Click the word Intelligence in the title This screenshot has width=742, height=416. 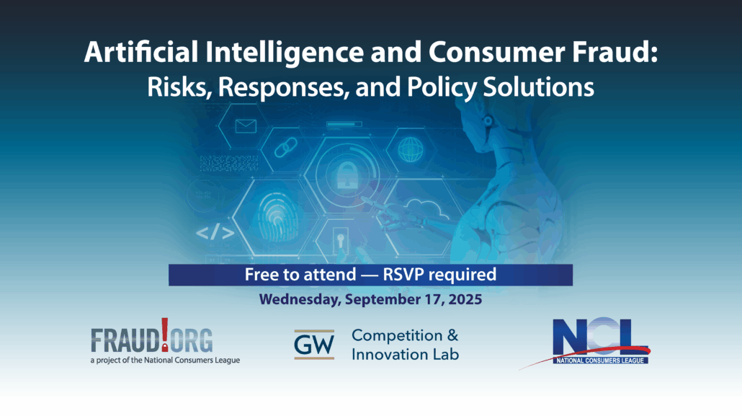tap(285, 53)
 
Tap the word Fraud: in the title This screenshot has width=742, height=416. tap(614, 52)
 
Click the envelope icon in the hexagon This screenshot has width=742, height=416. tap(246, 126)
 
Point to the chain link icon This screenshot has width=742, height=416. tap(286, 147)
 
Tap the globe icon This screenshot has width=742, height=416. tap(411, 149)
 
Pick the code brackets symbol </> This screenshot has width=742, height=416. tap(215, 232)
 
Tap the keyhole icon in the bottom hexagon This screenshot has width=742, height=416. tap(341, 240)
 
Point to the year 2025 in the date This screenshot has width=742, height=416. tap(465, 299)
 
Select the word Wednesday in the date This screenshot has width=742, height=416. tap(300, 300)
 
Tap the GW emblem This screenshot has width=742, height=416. tap(314, 345)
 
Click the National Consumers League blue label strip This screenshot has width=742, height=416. tap(601, 360)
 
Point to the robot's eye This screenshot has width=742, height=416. tap(488, 121)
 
